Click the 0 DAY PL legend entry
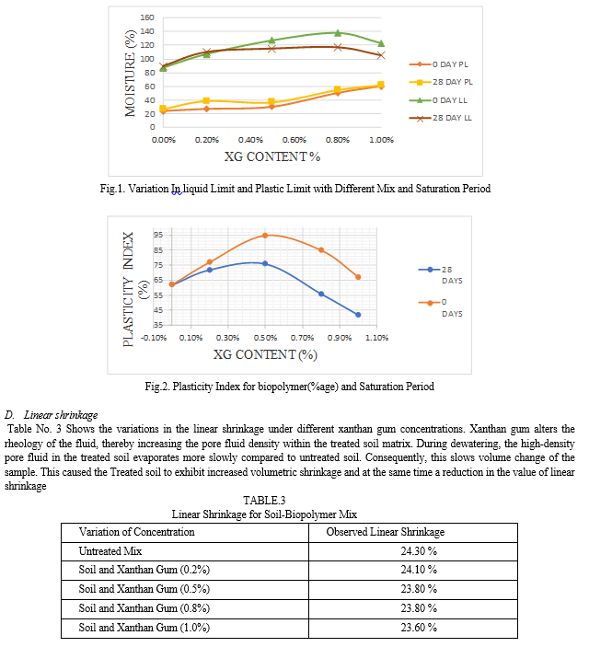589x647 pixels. click(x=438, y=64)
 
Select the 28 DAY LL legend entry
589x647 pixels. click(x=441, y=118)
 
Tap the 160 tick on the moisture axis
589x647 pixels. click(x=147, y=17)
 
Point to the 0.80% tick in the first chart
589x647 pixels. click(x=338, y=140)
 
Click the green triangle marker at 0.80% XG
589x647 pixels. click(x=338, y=32)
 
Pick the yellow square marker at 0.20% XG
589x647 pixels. click(x=207, y=100)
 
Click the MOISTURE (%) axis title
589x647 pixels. click(x=131, y=74)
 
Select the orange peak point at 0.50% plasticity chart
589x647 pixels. click(x=265, y=236)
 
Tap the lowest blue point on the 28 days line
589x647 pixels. click(x=358, y=315)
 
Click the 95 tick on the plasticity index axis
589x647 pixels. click(x=158, y=235)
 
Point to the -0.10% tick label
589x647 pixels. click(x=154, y=338)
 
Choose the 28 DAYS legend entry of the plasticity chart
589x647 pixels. click(x=441, y=275)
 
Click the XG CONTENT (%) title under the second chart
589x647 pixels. click(x=265, y=354)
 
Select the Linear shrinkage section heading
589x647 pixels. click(x=61, y=415)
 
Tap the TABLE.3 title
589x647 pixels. click(x=264, y=501)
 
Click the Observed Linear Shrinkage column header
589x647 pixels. click(x=386, y=532)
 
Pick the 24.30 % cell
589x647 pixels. click(x=419, y=551)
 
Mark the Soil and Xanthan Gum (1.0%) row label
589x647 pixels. click(x=144, y=628)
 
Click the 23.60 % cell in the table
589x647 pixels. click(x=419, y=628)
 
